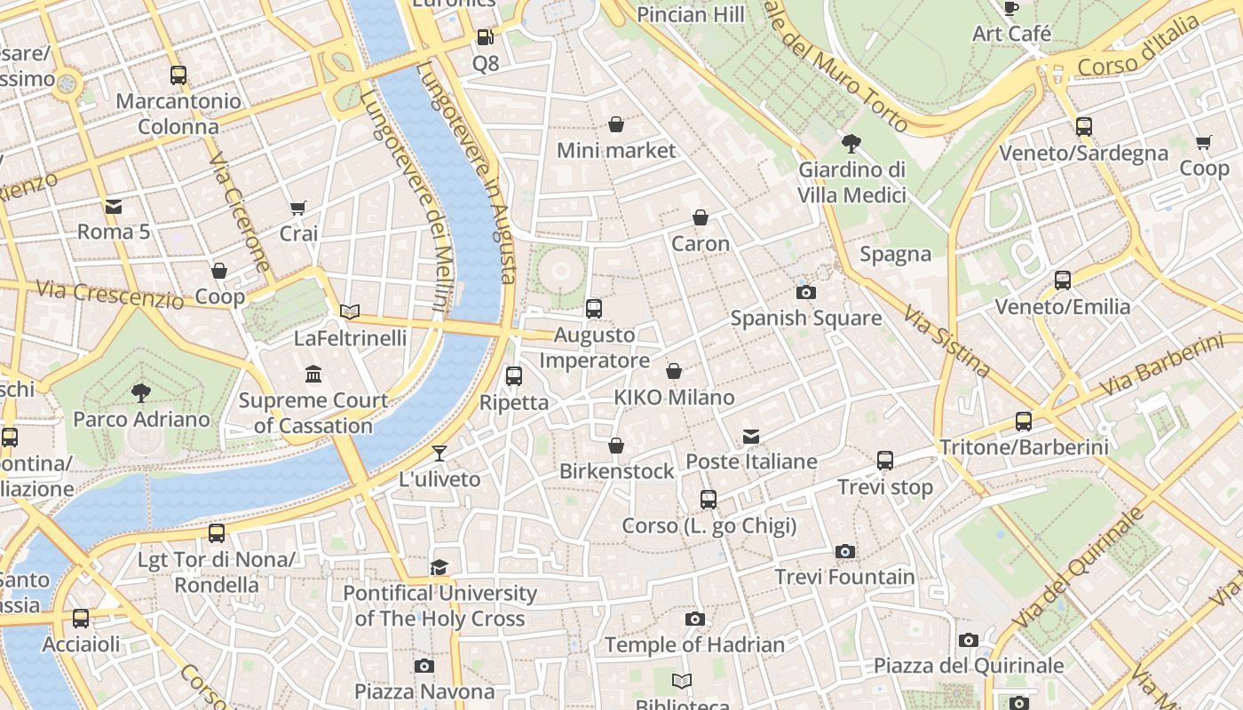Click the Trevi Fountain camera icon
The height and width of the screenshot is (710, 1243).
[845, 551]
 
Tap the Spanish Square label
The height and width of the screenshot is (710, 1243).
[805, 318]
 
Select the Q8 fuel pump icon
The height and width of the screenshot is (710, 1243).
[485, 37]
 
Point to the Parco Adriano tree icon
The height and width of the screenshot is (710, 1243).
[140, 392]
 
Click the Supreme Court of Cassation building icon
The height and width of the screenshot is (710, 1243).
[313, 374]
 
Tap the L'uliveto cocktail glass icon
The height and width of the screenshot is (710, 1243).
[439, 454]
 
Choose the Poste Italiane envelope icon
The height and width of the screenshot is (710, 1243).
[751, 436]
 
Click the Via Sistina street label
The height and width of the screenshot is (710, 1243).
[946, 341]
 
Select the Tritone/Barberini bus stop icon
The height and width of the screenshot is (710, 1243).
[1024, 421]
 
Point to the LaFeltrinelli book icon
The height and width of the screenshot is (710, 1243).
[350, 312]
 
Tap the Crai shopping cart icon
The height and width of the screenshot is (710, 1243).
[298, 208]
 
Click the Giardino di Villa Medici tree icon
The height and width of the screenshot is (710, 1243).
[851, 143]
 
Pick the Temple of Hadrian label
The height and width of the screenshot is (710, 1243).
[694, 645]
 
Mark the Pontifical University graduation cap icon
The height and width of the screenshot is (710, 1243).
[439, 567]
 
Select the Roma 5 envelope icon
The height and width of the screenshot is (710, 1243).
[114, 207]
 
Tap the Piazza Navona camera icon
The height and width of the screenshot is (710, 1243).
[424, 666]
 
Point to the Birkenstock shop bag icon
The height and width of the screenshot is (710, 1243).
[616, 446]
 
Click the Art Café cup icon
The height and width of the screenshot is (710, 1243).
[1010, 9]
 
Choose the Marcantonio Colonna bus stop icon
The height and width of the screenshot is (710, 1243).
[178, 75]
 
